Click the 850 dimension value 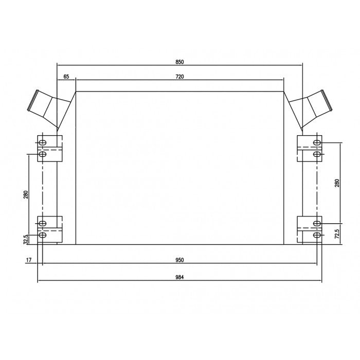[180, 62]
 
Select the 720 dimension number [180, 77]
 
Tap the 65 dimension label [66, 77]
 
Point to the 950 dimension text [180, 260]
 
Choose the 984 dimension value [180, 277]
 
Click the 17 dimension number [29, 260]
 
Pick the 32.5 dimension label [26, 239]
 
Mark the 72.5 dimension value [337, 233]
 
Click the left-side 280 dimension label [26, 194]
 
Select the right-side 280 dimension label [337, 183]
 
